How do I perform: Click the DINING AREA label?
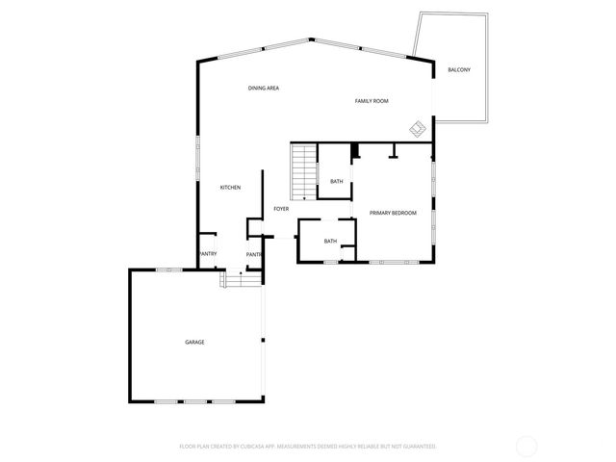tap(263, 89)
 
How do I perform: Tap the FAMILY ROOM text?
tap(371, 101)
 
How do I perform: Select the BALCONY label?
tap(459, 70)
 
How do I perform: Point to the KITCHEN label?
tap(230, 187)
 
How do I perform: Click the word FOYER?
tap(281, 209)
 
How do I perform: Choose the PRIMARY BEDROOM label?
tap(393, 213)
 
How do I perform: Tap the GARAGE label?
tap(194, 342)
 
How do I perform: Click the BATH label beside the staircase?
tap(336, 182)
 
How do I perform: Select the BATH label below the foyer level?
tap(330, 242)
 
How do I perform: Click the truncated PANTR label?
tap(254, 254)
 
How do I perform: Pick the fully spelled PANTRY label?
tap(208, 254)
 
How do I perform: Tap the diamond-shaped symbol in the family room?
tap(418, 127)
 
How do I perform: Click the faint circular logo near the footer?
tap(526, 446)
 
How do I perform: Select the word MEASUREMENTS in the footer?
tap(305, 447)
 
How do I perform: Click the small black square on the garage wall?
tap(262, 341)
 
